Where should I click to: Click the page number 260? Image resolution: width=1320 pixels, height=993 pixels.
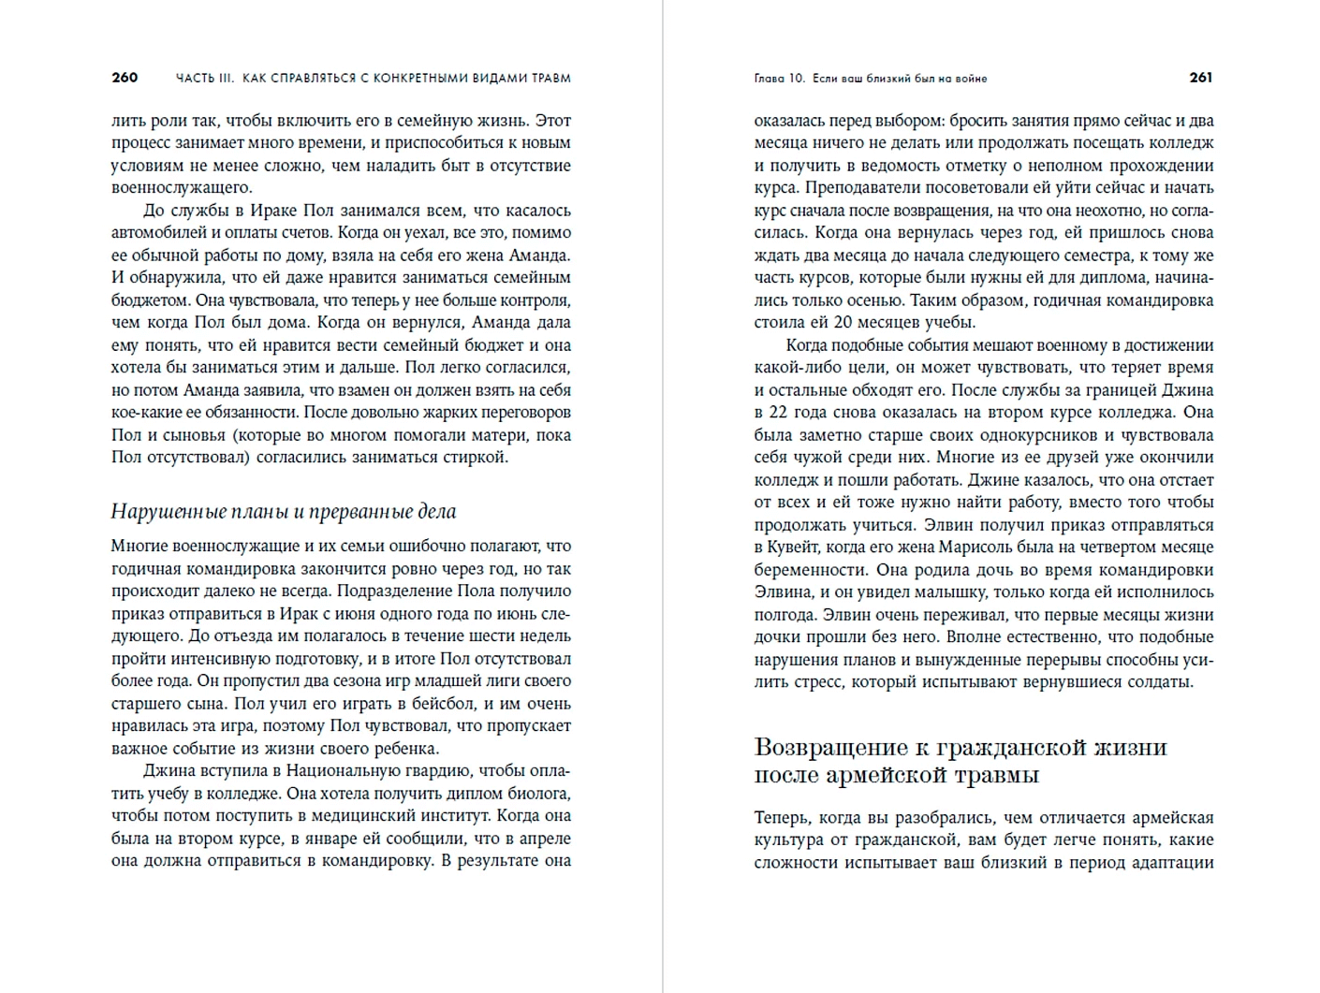(125, 78)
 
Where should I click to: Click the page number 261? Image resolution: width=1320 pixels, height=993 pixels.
(1201, 78)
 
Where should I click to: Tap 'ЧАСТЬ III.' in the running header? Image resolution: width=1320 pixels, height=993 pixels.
(204, 79)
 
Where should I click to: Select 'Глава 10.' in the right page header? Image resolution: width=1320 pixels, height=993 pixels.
(779, 79)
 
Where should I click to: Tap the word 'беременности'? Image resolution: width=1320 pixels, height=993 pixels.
(805, 570)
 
